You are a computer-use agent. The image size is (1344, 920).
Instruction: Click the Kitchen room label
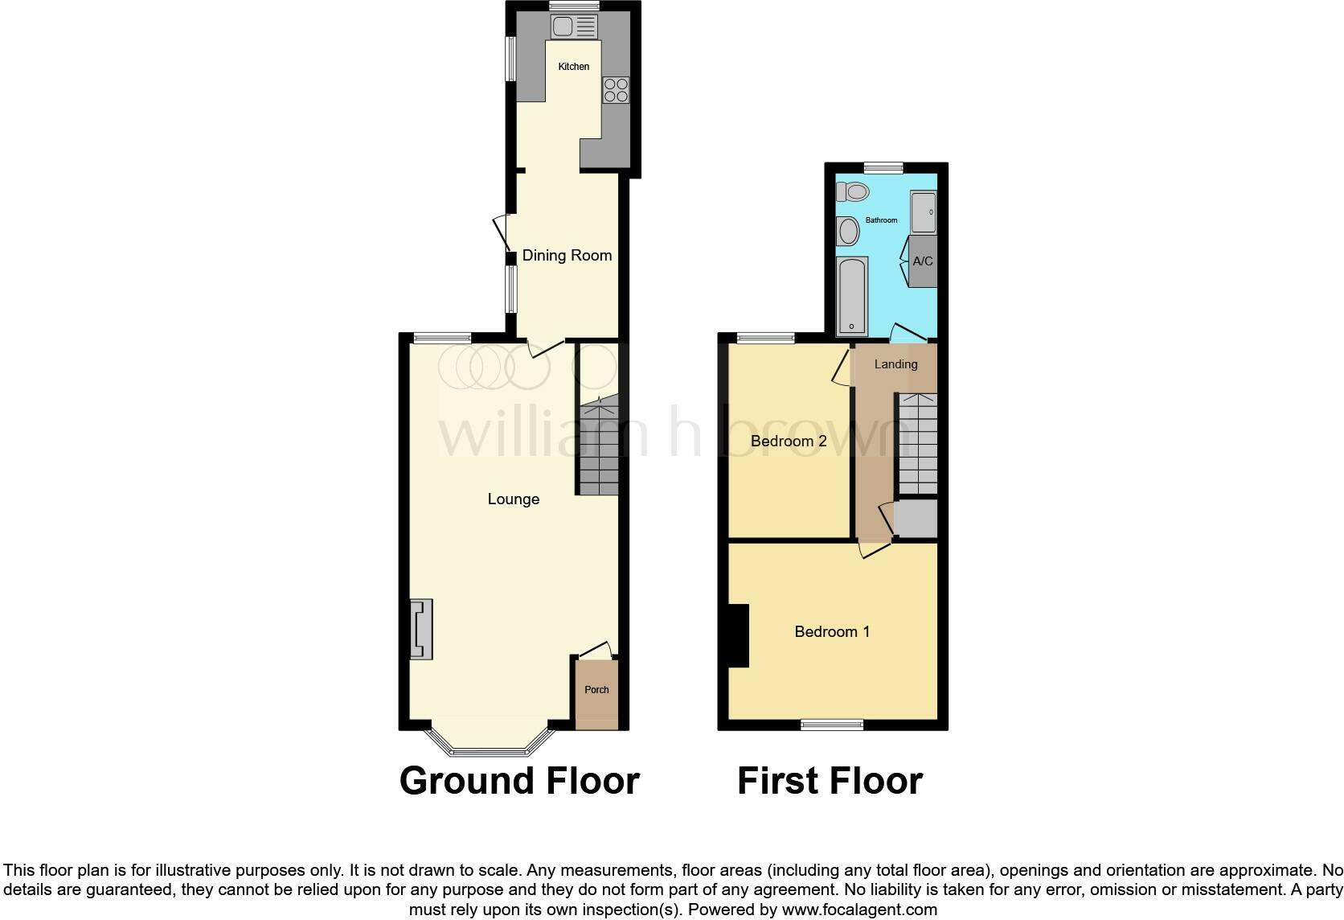(x=574, y=67)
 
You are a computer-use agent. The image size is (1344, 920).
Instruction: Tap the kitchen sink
(x=574, y=28)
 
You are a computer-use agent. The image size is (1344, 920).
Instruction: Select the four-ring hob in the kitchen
(x=617, y=90)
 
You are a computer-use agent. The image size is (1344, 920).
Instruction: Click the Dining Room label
(x=567, y=256)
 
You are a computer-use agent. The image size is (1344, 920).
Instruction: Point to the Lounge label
(x=514, y=499)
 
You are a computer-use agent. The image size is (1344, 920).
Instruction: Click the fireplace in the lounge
(x=421, y=630)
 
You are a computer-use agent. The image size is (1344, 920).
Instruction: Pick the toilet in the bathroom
(x=853, y=192)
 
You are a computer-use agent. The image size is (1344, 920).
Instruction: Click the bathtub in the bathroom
(x=851, y=296)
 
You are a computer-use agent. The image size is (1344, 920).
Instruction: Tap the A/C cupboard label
(x=923, y=261)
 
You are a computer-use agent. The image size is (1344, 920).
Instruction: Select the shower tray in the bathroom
(x=924, y=212)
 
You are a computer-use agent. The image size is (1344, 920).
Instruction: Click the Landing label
(x=895, y=364)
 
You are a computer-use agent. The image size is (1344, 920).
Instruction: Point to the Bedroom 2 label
(x=789, y=442)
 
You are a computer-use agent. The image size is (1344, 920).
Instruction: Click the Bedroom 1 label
(x=832, y=632)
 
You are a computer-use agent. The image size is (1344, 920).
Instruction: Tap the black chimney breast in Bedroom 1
(x=738, y=635)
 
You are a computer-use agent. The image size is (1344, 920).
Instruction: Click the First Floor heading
(x=830, y=781)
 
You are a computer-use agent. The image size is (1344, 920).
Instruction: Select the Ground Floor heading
(x=519, y=781)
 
